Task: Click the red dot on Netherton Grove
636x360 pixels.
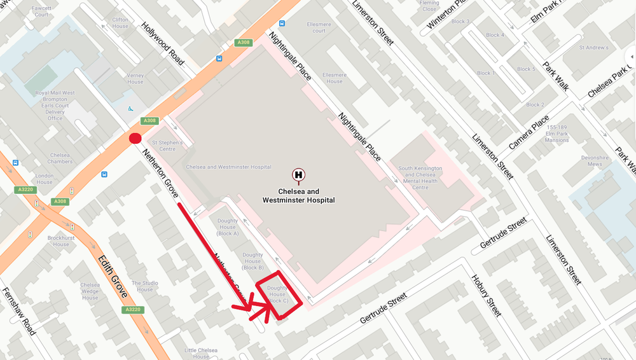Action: tap(135, 139)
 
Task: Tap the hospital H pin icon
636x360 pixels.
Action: tap(298, 174)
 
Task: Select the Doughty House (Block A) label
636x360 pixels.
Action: tap(228, 226)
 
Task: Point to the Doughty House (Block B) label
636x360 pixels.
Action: tap(252, 261)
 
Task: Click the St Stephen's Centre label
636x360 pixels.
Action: tap(167, 146)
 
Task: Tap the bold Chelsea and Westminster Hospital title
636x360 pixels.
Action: tap(298, 195)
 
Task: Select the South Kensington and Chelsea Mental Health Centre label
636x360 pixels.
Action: tap(420, 177)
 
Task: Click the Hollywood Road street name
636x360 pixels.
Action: tap(163, 44)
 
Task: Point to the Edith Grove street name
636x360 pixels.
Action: tap(113, 276)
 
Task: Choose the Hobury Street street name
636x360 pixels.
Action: tap(486, 295)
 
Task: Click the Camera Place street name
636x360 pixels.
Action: tap(529, 132)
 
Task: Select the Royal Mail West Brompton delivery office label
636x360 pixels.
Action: tap(55, 106)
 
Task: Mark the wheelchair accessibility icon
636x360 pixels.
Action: tap(132, 109)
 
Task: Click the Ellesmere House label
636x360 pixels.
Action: tap(335, 78)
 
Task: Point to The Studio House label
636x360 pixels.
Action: tap(145, 286)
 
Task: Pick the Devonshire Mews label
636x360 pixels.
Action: tap(595, 160)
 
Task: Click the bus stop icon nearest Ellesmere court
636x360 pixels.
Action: tap(282, 24)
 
